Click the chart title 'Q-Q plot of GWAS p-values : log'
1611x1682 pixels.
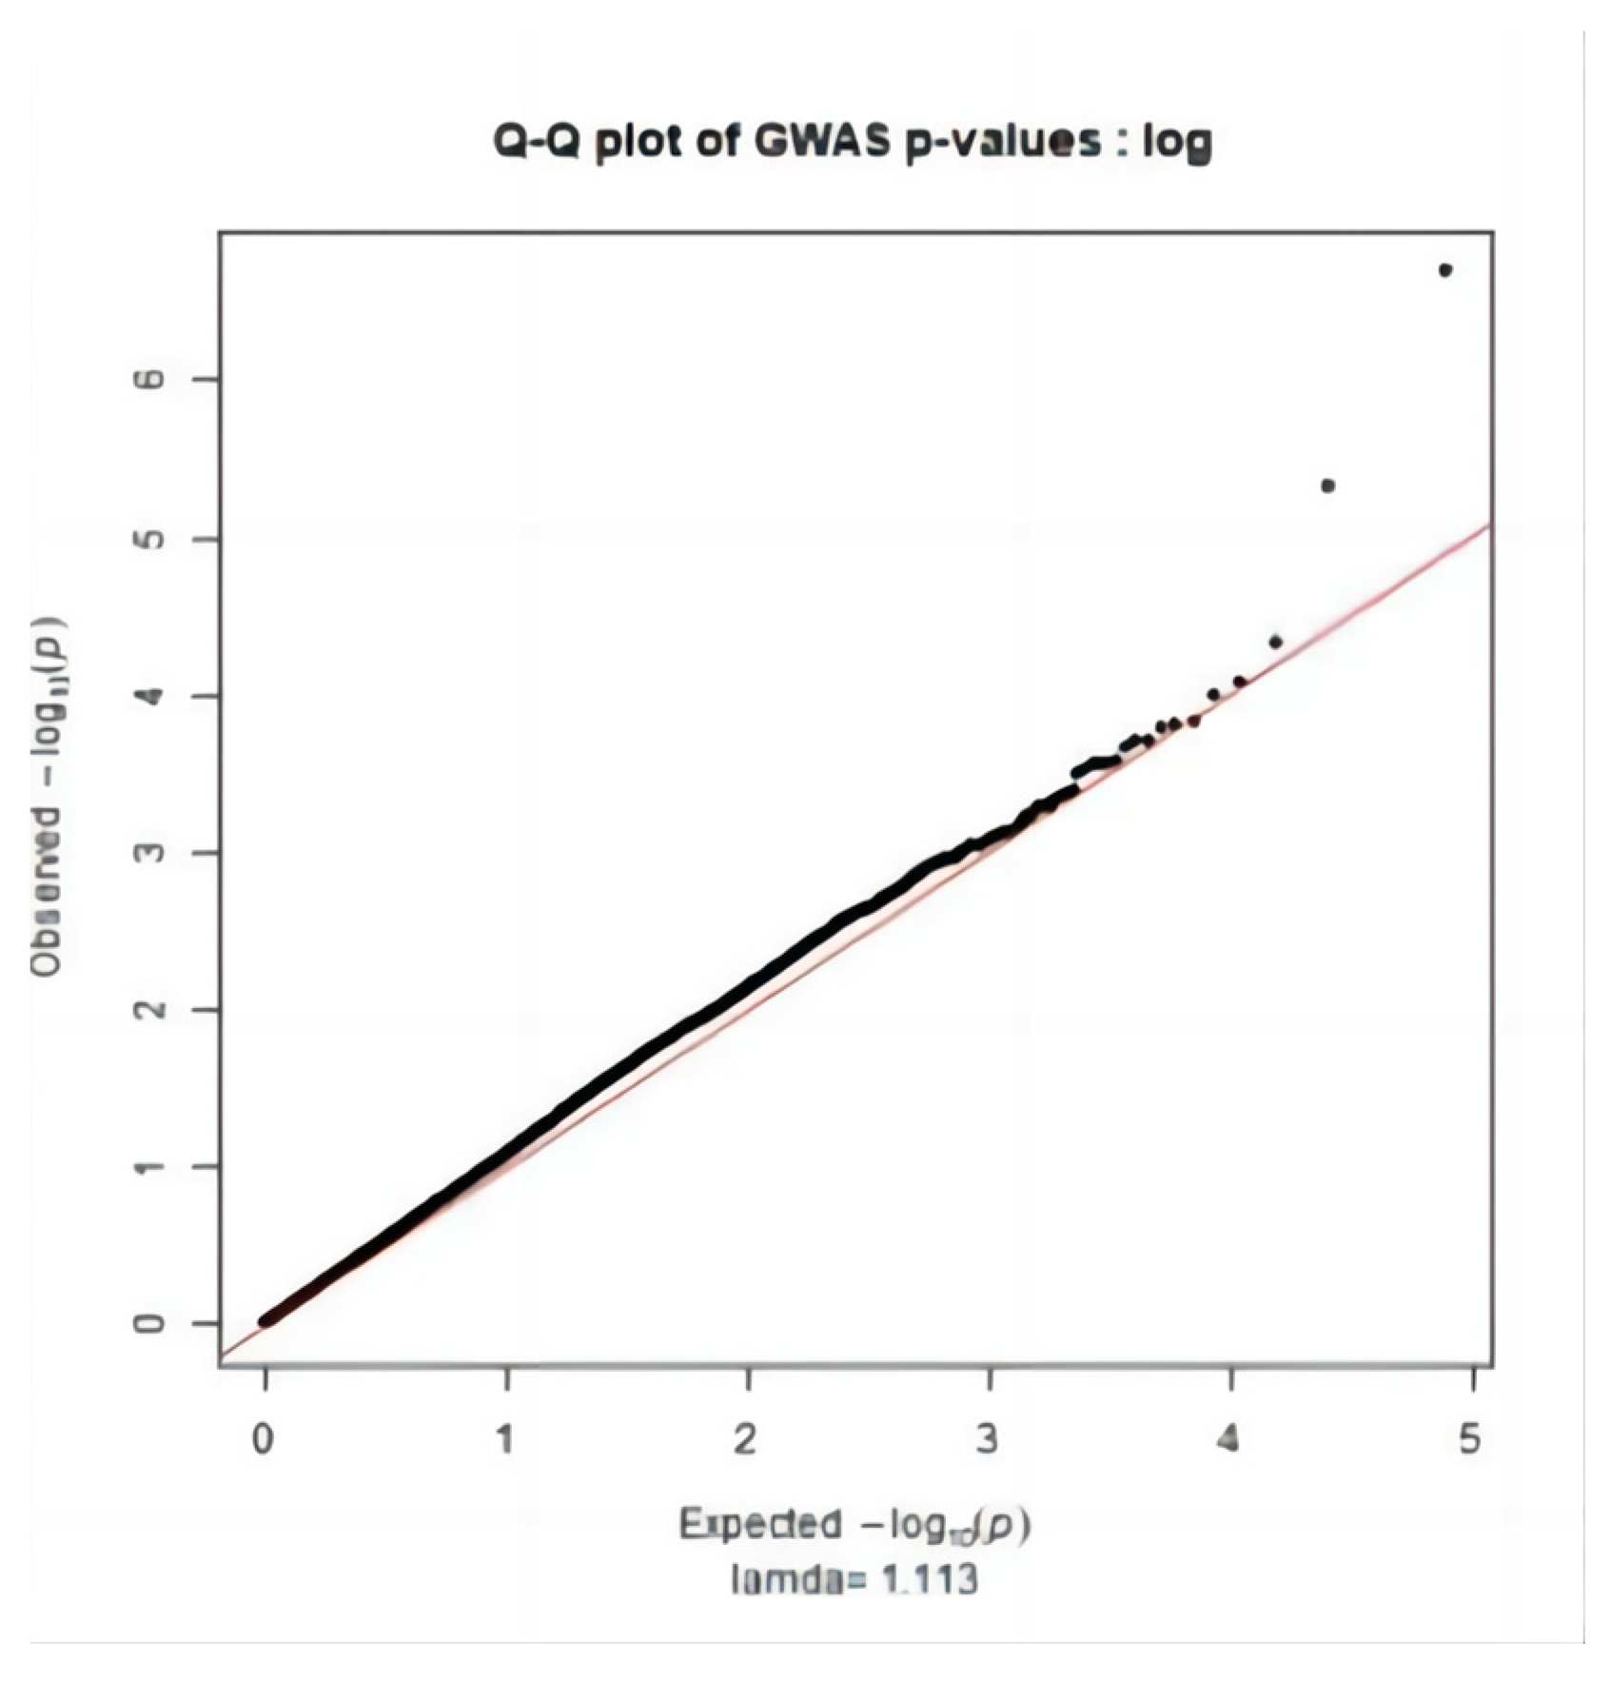click(852, 143)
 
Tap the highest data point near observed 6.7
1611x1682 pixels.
click(1444, 270)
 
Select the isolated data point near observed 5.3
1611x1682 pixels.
click(1328, 485)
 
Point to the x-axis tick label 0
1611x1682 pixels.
click(264, 1439)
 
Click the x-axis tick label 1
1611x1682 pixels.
click(505, 1439)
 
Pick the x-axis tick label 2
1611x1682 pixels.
click(747, 1439)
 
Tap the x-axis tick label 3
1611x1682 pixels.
click(989, 1439)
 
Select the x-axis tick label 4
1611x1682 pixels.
click(1229, 1439)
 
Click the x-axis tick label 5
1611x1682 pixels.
click(1470, 1439)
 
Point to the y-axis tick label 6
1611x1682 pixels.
click(150, 379)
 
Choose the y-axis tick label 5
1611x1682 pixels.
click(150, 539)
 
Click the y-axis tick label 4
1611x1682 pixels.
click(150, 696)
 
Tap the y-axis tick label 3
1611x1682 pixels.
click(150, 852)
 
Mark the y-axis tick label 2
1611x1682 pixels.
click(150, 1009)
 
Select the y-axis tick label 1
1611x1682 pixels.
click(150, 1166)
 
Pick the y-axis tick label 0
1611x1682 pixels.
click(150, 1323)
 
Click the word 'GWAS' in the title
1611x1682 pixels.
click(821, 143)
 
